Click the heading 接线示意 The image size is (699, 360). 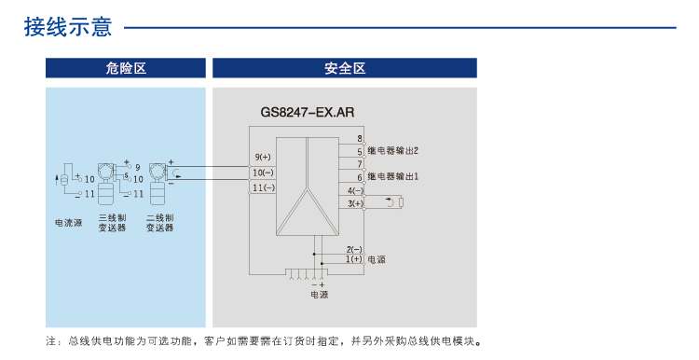(x=68, y=27)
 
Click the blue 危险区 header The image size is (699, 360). (x=126, y=68)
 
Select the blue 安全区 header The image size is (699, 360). (x=345, y=68)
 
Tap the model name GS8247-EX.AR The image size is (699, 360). (x=308, y=113)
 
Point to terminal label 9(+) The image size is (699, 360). (x=263, y=156)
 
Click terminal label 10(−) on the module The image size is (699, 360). (x=263, y=173)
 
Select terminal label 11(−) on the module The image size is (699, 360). (x=263, y=188)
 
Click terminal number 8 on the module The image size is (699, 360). (x=359, y=138)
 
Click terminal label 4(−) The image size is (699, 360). (x=355, y=191)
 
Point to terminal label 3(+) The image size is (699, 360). (x=355, y=203)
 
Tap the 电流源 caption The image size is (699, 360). (x=68, y=222)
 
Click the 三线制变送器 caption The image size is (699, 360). (x=112, y=222)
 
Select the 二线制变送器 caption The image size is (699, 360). (x=159, y=222)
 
